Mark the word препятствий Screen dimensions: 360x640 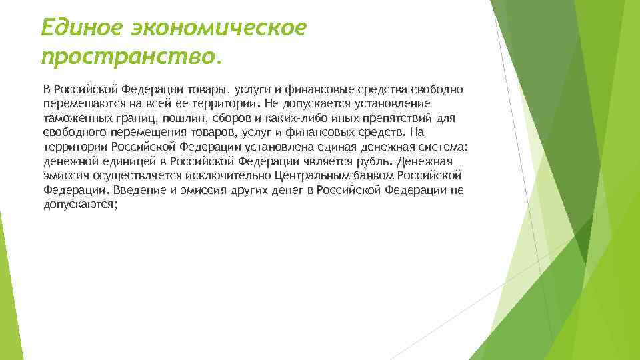pos(380,119)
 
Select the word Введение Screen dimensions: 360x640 pos(136,190)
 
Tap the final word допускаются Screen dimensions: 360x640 pos(79,204)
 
